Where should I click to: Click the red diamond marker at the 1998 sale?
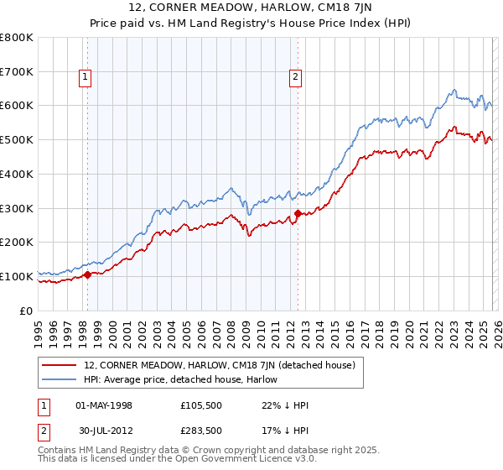[87, 274]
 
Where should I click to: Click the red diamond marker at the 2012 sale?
[298, 214]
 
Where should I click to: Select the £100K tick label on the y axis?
[17, 276]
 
